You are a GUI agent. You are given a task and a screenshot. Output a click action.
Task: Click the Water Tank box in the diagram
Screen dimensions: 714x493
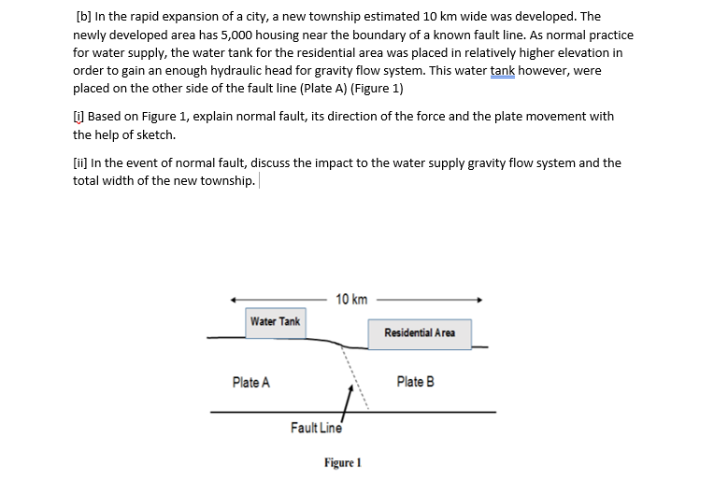click(276, 321)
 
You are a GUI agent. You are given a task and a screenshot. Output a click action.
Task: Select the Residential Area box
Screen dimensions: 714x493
click(420, 333)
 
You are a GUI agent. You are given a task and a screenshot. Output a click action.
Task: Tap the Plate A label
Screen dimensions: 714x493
click(251, 382)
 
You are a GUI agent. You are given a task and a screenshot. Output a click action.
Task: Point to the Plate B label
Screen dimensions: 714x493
click(415, 382)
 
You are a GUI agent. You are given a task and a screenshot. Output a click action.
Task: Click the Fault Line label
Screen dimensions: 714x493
click(316, 429)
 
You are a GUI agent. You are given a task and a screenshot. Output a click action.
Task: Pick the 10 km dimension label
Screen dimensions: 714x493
click(351, 300)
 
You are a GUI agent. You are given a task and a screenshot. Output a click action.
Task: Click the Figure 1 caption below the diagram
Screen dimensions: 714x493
click(343, 463)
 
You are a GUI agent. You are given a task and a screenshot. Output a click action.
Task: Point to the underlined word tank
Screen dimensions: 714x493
click(504, 70)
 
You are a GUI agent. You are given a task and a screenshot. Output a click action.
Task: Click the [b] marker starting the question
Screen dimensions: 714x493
click(82, 17)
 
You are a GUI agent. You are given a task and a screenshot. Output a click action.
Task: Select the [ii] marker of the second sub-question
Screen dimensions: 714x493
click(81, 162)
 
